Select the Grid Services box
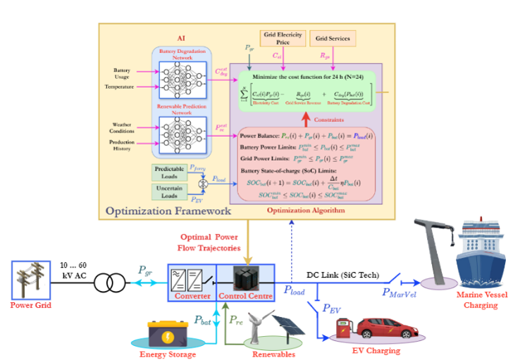(333, 37)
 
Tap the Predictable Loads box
(170, 171)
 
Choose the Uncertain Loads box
(170, 192)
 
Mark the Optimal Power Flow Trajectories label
(212, 241)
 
